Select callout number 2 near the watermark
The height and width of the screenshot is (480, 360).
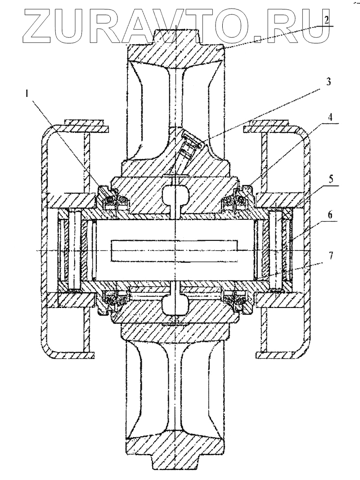[x=326, y=20]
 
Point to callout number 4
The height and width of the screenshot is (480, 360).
[x=330, y=117]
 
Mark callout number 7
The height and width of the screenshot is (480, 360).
[x=331, y=256]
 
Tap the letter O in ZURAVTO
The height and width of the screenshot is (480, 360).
[x=238, y=25]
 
